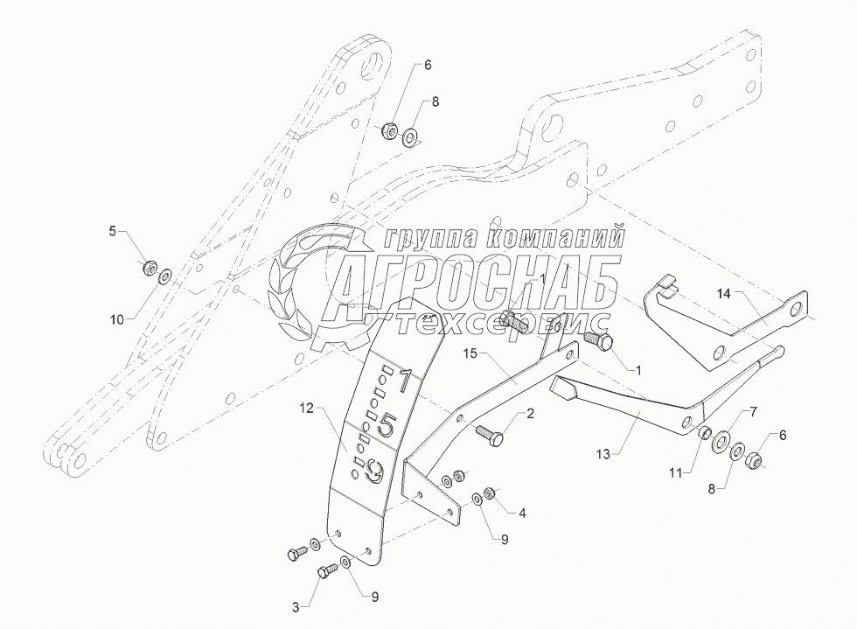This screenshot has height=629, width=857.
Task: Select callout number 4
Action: tap(522, 513)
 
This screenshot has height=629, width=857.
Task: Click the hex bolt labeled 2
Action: tap(489, 433)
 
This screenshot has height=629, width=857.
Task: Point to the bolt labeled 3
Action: tap(328, 573)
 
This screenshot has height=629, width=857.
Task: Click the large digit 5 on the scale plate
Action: tap(387, 424)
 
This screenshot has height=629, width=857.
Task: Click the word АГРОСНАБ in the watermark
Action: tap(477, 279)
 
